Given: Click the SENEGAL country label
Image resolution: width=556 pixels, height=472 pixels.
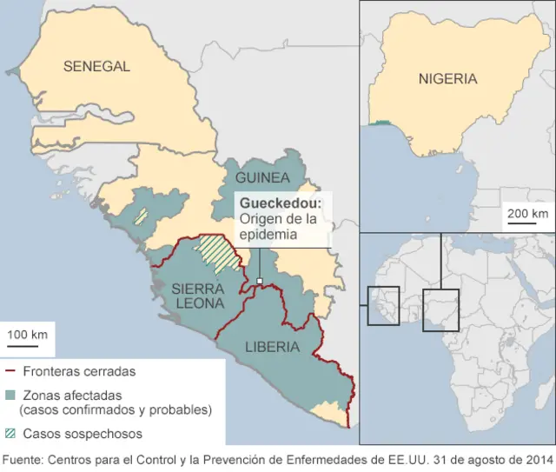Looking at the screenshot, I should [96, 66].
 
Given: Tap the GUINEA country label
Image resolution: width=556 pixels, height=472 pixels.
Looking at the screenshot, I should [262, 177].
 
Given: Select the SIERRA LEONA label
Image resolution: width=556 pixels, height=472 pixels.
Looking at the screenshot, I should [198, 296].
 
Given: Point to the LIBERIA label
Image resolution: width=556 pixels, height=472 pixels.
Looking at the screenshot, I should [272, 347].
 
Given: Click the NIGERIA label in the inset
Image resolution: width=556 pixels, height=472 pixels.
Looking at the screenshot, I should [447, 79].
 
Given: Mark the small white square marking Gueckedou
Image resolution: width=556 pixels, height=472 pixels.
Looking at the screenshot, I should [259, 280].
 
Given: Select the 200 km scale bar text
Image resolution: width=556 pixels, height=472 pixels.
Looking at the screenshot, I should [527, 213].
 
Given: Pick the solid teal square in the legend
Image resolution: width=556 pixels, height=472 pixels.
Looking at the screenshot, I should [10, 395].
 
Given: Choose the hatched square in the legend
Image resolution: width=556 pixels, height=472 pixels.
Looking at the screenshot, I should [10, 433].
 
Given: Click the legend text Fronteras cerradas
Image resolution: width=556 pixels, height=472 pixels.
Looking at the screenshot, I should [79, 370].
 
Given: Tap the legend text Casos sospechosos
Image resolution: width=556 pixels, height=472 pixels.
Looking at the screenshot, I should [83, 433].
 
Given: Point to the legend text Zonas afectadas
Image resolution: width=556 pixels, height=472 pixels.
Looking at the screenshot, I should [72, 395].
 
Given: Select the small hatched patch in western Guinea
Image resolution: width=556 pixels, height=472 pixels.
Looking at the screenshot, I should [140, 216].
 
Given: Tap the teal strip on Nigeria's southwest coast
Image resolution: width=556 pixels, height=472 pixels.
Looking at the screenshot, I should [379, 124].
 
